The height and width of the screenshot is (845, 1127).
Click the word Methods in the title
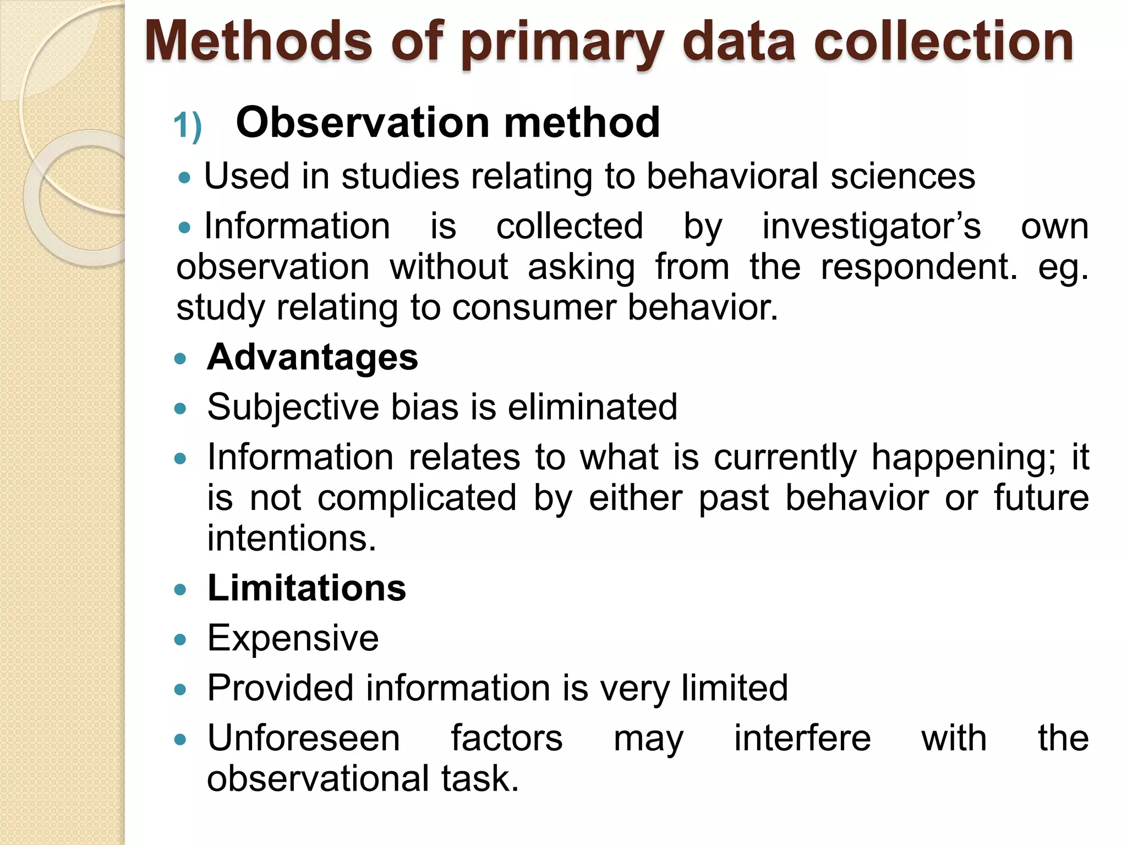(259, 41)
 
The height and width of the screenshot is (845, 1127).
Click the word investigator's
(871, 226)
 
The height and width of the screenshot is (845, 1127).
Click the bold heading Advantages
(312, 358)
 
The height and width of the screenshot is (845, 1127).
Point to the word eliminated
(592, 408)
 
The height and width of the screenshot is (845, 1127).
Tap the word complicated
(417, 498)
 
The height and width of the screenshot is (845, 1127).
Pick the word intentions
(291, 538)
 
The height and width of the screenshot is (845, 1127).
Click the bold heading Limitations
(307, 588)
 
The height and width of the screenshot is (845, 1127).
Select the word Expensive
(293, 639)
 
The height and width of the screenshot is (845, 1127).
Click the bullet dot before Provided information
(180, 689)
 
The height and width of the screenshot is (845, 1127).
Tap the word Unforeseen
(303, 738)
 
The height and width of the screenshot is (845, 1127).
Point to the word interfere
(802, 738)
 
